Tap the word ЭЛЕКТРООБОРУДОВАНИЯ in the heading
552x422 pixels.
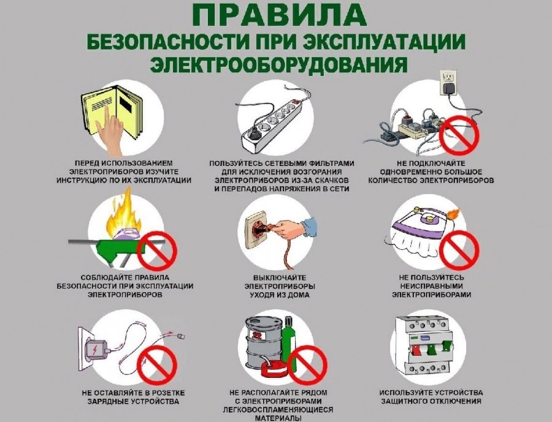pos(275,63)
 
